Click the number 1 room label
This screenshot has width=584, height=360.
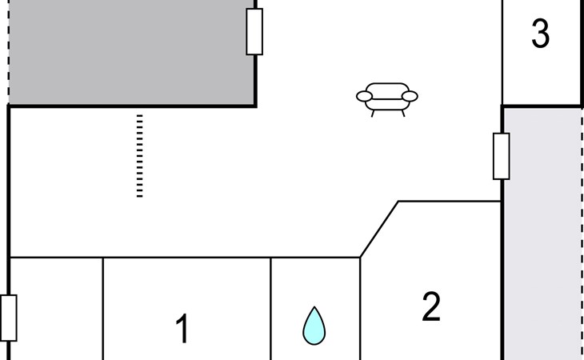click(x=182, y=329)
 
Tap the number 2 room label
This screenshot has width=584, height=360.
click(x=431, y=307)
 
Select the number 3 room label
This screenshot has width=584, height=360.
click(x=541, y=34)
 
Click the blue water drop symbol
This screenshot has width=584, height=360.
click(x=314, y=326)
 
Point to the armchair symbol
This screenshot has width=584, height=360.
click(x=387, y=98)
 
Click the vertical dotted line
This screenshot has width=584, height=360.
click(x=140, y=155)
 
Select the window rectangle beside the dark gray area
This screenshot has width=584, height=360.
click(x=254, y=31)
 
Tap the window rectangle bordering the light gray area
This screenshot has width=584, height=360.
click(x=502, y=156)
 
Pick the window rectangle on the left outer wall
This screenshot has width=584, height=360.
click(x=9, y=318)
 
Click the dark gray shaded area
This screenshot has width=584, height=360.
click(x=128, y=52)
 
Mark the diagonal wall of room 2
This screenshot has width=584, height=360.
click(x=379, y=230)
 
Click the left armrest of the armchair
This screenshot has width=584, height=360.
click(x=365, y=97)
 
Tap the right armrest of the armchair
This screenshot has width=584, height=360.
click(x=410, y=97)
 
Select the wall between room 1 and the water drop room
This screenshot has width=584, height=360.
click(x=271, y=308)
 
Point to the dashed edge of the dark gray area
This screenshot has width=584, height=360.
click(x=8, y=52)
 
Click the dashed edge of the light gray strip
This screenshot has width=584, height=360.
click(x=582, y=232)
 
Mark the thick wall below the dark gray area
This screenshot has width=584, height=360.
click(x=132, y=106)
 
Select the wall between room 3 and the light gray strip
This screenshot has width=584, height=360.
click(x=542, y=106)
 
